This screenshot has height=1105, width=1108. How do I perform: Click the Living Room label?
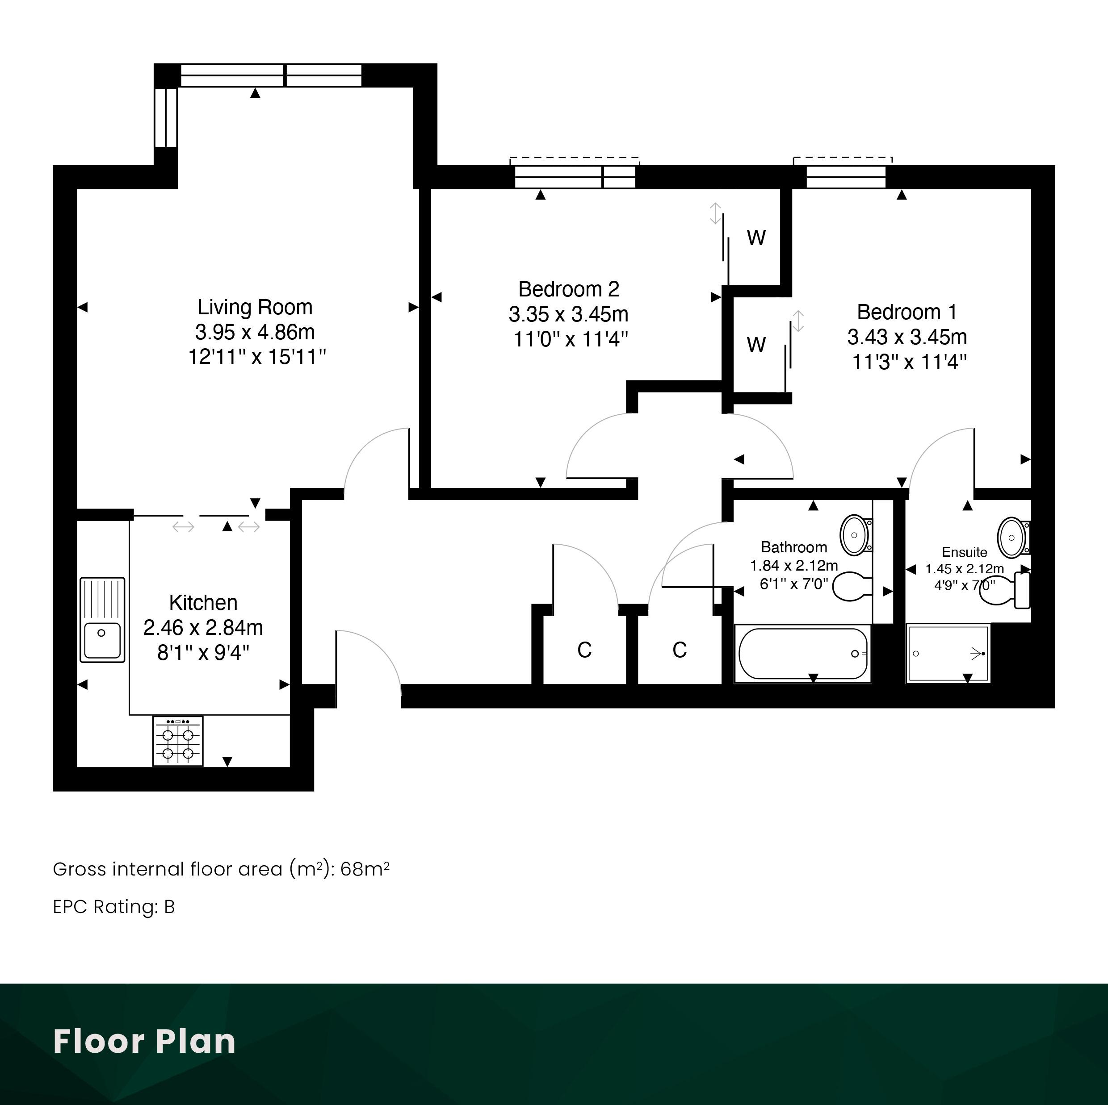255,307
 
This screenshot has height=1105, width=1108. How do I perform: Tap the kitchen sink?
102,620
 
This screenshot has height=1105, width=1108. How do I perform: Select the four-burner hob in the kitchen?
178,741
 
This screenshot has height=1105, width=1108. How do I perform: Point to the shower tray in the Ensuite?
949,653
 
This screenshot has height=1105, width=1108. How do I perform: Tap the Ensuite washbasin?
1014,538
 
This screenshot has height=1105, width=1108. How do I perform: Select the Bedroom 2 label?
569,289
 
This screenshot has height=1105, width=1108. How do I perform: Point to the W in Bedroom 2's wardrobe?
756,237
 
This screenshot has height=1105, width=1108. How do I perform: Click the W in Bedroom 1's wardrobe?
756,345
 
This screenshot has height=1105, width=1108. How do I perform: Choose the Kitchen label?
203,602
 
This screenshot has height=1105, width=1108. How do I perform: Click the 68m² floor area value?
365,869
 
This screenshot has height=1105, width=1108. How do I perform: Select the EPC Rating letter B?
169,907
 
